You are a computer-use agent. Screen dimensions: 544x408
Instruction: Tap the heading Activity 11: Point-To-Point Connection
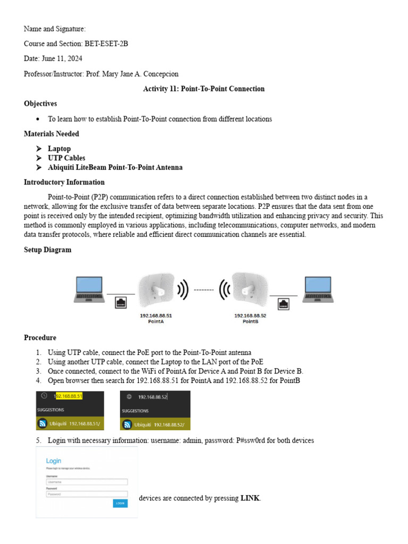click(x=203, y=89)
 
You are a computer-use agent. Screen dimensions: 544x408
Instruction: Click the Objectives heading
click(x=40, y=104)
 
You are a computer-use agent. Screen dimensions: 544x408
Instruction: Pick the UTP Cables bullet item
click(x=66, y=158)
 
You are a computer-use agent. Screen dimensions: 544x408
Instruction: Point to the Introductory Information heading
click(x=64, y=182)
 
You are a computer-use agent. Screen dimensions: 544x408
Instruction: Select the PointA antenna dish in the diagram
click(x=156, y=290)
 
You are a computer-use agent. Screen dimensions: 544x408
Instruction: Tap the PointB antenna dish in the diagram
click(x=246, y=290)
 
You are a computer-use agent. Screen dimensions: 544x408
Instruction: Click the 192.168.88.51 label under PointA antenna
click(x=156, y=315)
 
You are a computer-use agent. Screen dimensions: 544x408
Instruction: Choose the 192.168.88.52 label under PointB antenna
click(x=250, y=315)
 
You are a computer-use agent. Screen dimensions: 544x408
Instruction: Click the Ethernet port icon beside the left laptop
click(x=121, y=303)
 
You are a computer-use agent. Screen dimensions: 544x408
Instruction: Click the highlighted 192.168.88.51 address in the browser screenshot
click(x=69, y=396)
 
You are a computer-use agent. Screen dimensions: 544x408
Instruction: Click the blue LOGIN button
click(x=120, y=503)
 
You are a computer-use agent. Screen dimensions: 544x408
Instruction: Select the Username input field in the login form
click(x=87, y=482)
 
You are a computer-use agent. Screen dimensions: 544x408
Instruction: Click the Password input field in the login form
click(x=87, y=494)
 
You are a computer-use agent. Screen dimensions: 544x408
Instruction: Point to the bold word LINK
click(x=250, y=498)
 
